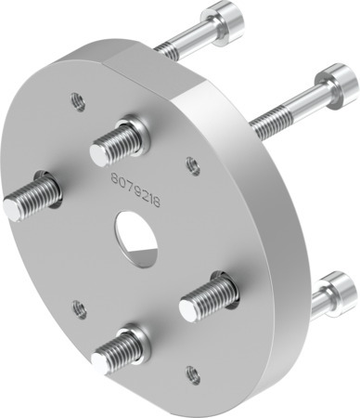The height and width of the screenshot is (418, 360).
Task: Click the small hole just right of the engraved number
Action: [x=192, y=165]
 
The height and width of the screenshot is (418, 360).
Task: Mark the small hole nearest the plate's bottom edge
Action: [x=192, y=375]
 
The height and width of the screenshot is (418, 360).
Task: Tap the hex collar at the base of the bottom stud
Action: [x=135, y=341]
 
